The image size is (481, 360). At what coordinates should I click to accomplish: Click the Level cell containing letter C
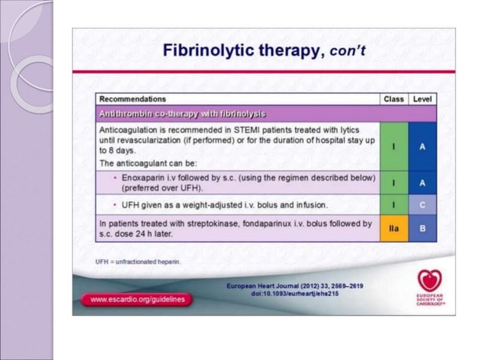pyautogui.click(x=422, y=204)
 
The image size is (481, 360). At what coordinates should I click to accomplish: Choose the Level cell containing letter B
pyautogui.click(x=422, y=227)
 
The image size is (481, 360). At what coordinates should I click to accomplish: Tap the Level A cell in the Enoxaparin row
pyautogui.click(x=422, y=182)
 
